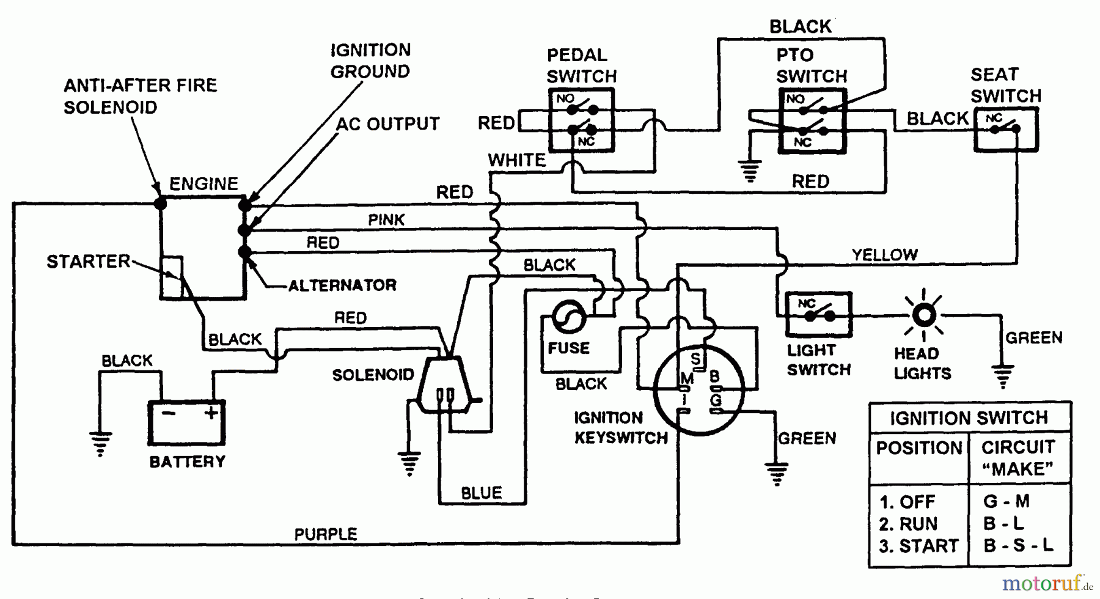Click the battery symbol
click(187, 422)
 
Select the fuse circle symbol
click(568, 317)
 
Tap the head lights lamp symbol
click(923, 315)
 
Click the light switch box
click(818, 315)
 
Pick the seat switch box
click(1005, 129)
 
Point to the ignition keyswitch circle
click(698, 389)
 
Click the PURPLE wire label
click(326, 534)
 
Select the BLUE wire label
click(482, 493)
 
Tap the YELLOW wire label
click(884, 254)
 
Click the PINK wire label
click(386, 219)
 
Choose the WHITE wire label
click(517, 160)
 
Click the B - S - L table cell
click(1018, 545)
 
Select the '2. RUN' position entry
click(908, 524)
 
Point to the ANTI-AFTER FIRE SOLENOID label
click(140, 96)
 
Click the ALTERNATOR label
click(342, 285)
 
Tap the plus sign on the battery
click(211, 413)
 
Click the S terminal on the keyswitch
click(695, 358)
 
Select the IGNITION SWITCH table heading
click(969, 418)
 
